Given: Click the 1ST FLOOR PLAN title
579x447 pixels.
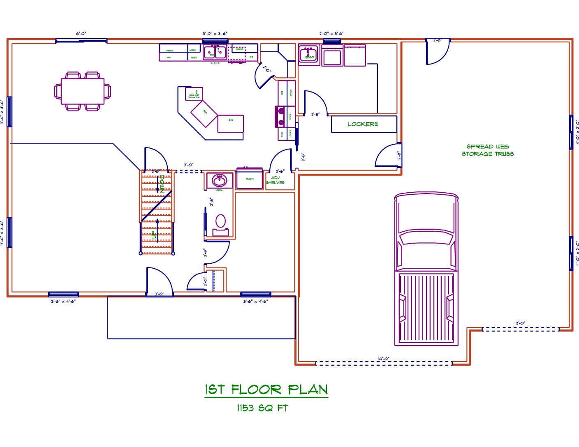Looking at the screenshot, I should tap(266, 389).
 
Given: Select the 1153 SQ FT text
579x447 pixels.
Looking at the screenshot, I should tap(262, 408).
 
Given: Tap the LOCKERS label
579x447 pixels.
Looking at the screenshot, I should tap(363, 124).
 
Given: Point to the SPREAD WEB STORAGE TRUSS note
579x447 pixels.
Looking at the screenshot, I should tap(488, 150).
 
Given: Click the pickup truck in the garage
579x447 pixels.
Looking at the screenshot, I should tap(426, 269).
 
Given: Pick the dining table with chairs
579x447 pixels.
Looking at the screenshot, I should tap(83, 91).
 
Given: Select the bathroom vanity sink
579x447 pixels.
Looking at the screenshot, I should tap(219, 180).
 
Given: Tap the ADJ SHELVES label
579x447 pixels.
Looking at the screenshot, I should tap(275, 180).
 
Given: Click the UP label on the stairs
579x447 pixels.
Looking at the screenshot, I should tap(154, 234).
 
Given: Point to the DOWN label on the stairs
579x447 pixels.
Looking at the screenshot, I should tap(162, 184).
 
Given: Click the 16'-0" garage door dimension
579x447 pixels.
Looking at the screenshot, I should tap(384, 359).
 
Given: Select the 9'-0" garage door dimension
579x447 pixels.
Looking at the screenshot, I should tap(520, 323).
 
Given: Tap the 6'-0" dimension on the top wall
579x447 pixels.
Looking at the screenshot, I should tap(81, 34).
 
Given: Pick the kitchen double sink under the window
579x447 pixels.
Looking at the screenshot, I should tap(215, 52).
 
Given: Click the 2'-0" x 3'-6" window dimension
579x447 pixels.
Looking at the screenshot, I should tap(331, 34).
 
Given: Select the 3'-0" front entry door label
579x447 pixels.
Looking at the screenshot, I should tap(159, 294).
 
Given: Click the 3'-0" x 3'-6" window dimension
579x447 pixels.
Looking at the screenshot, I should tap(215, 34).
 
